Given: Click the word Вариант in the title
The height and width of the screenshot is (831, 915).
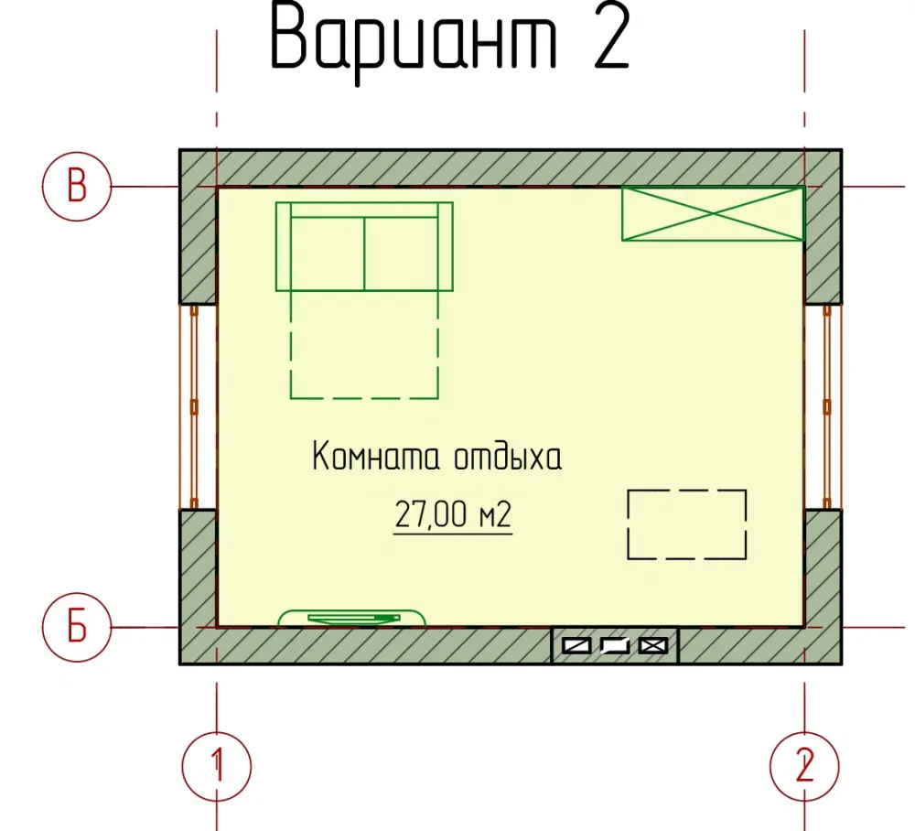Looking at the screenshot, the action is pos(414,39).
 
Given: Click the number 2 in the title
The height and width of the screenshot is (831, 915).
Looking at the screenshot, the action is pos(611,38).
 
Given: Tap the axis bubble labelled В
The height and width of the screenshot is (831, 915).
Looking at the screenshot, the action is pos(77,187).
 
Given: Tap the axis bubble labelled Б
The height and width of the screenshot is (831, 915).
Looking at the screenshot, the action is pos(77,627).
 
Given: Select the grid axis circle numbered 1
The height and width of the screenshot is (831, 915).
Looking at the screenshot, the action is pos(217,766).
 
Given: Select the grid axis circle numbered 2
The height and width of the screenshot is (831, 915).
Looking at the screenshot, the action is pos(804,766).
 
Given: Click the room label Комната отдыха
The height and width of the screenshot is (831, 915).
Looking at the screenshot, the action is pos(437,457).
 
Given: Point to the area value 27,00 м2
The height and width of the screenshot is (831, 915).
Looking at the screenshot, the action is pos(453,514).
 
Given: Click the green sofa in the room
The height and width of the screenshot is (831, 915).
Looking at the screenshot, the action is pos(364,246).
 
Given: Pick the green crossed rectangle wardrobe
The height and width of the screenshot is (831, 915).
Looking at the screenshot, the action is pos(713,213).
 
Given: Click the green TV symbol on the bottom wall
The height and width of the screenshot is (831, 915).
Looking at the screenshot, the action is pos(352,618).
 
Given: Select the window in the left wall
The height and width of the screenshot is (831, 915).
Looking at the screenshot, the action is pos(195,406).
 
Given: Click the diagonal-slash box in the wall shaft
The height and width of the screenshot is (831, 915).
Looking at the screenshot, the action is pos(576,646).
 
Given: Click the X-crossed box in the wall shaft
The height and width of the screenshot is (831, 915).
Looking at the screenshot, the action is pos(653,646).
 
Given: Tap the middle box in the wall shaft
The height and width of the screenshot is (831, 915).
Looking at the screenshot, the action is pos(615,646).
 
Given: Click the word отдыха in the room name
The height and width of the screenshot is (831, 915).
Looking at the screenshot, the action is pos(508,457).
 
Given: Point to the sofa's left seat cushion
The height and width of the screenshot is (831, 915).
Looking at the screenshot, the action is pos(328,254).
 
